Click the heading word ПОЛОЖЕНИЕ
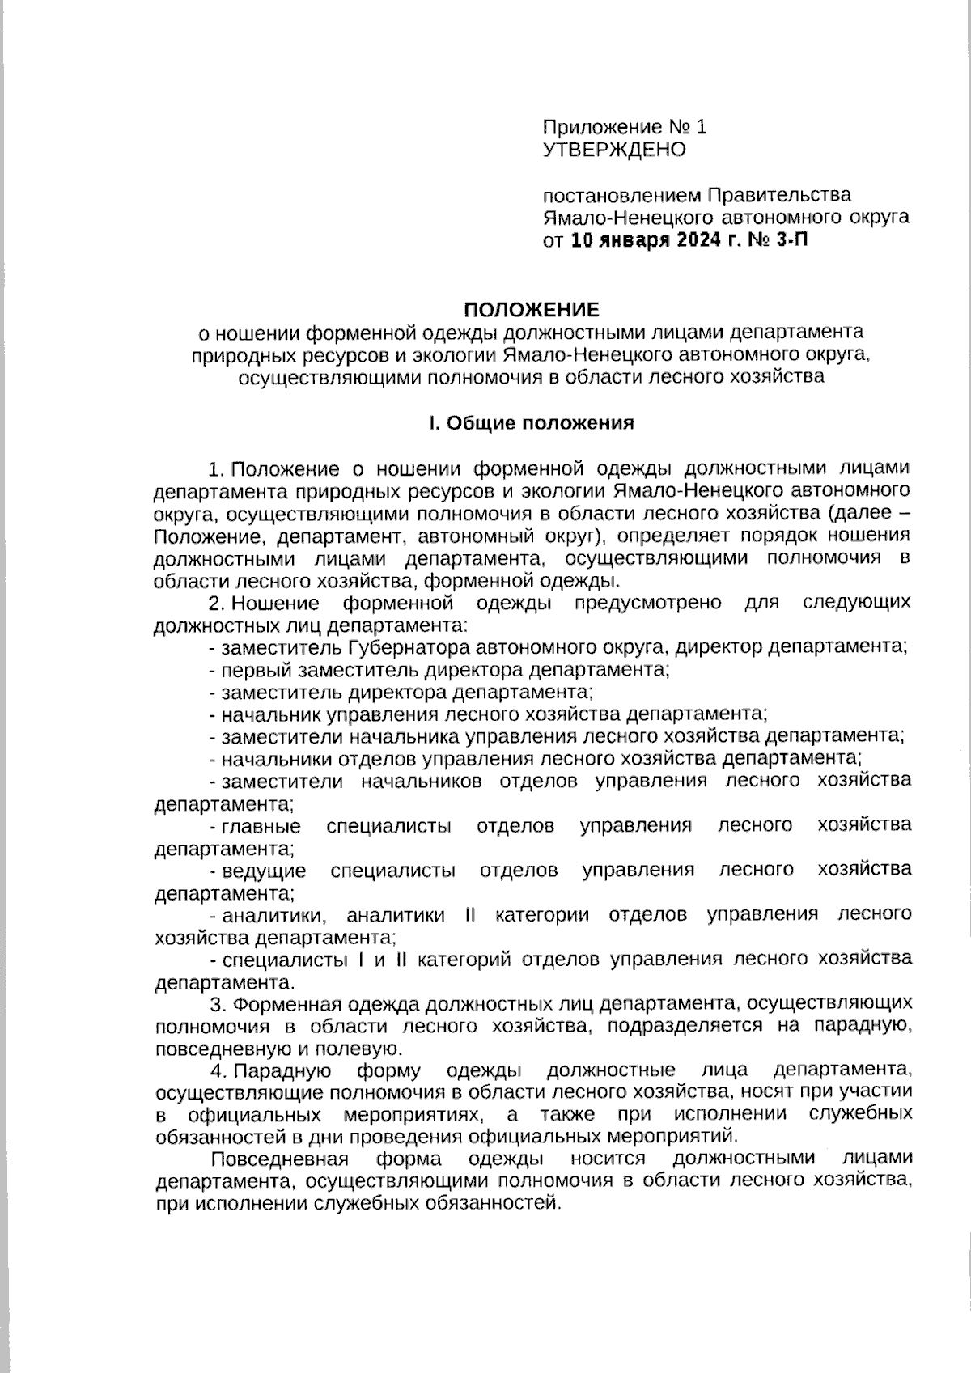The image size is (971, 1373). click(x=531, y=310)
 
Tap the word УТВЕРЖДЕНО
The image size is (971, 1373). click(x=614, y=150)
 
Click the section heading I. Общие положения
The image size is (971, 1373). click(x=531, y=422)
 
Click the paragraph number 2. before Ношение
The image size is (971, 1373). click(x=216, y=603)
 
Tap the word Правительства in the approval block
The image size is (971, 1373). click(x=779, y=195)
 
